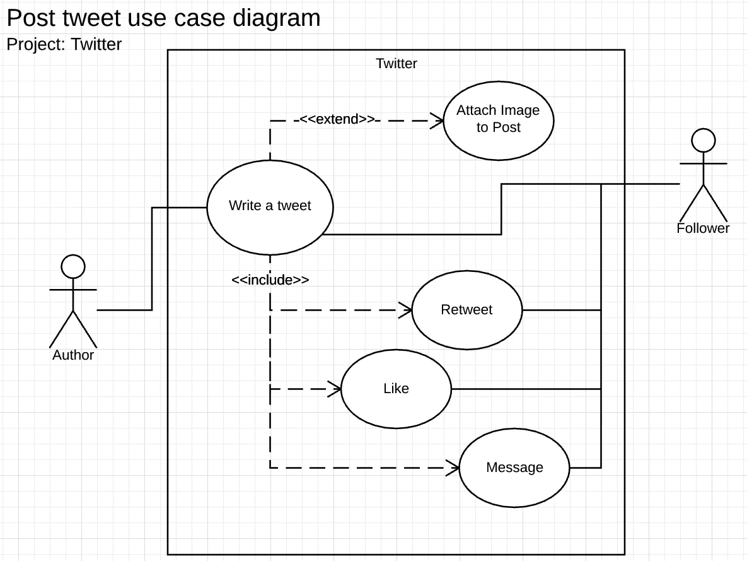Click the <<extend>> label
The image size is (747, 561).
(337, 119)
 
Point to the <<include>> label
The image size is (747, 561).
(270, 280)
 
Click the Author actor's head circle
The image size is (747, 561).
(73, 266)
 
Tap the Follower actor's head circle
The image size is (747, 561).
(704, 140)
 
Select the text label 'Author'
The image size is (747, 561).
(73, 355)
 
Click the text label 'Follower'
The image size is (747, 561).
(703, 228)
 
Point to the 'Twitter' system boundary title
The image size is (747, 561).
(396, 64)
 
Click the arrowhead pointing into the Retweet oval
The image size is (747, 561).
(405, 310)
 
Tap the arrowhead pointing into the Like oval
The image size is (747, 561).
(335, 389)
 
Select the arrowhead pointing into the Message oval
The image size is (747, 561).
(453, 468)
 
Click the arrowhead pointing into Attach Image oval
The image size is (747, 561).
(437, 120)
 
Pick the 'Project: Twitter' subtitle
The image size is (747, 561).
(64, 44)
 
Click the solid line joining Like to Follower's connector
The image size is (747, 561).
(526, 389)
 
